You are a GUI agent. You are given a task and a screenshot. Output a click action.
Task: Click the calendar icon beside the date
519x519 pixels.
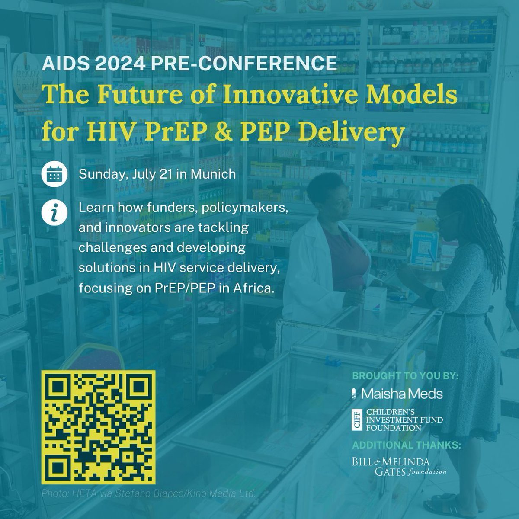point(54,175)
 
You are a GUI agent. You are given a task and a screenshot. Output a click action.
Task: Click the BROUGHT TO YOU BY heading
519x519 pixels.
point(405,376)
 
